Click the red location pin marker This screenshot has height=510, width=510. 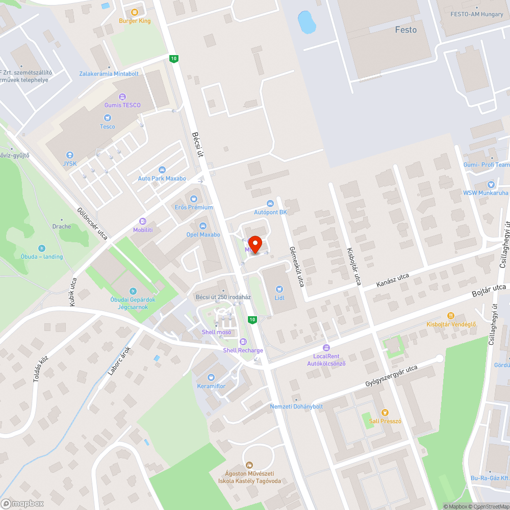click(254, 244)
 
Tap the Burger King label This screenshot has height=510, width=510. click(135, 21)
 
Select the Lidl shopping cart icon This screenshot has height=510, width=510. click(279, 289)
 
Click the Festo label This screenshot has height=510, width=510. click(406, 30)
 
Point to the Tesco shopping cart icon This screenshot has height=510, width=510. click(108, 118)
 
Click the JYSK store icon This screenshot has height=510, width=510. click(70, 155)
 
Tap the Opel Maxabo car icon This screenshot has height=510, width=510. click(203, 226)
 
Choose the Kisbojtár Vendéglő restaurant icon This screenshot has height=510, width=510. click(451, 316)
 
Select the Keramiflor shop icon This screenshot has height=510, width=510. click(211, 377)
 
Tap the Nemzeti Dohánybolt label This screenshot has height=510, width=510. click(296, 406)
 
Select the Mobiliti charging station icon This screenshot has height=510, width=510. click(143, 222)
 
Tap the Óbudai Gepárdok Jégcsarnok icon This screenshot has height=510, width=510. click(133, 291)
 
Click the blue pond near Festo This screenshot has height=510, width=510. click(307, 21)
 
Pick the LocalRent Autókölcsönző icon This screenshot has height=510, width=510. click(326, 348)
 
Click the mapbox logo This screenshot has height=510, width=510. click(22, 503)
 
